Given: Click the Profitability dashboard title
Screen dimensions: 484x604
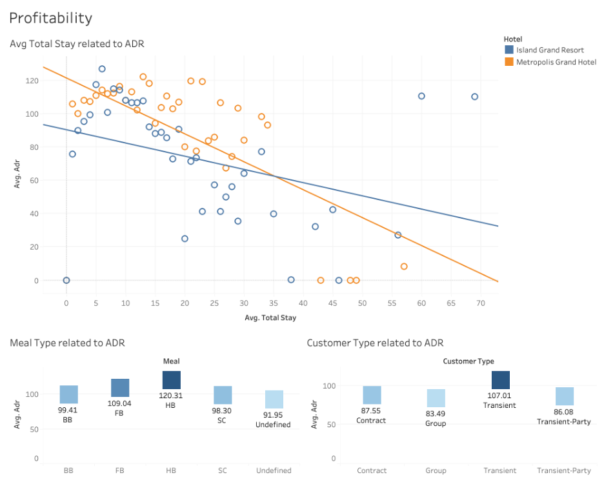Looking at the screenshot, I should coord(50,18).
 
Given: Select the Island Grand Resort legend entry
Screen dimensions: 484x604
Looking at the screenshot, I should coord(550,50).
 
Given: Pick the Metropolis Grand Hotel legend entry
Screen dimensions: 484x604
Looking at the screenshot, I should coord(556,62).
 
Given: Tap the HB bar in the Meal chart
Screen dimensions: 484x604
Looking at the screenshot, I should coord(171,379).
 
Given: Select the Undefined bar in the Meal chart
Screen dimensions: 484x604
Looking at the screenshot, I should coord(274,399).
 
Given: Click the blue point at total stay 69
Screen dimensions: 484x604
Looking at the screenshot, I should coord(474,97).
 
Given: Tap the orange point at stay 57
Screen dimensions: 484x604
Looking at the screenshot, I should coord(404,267).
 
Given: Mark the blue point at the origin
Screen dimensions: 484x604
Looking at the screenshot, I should coord(66,280).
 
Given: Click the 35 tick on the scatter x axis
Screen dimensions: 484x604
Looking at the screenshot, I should coord(274,302).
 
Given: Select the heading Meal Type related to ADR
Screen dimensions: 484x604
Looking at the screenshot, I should coord(67,343).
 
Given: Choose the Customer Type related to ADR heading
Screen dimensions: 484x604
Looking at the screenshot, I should coord(375,343).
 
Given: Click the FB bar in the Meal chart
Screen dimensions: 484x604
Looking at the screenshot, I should coord(119,387).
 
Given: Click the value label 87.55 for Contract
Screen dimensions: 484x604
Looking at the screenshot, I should coord(371,410).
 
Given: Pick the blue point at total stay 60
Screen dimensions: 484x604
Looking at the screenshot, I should coord(421,96).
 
